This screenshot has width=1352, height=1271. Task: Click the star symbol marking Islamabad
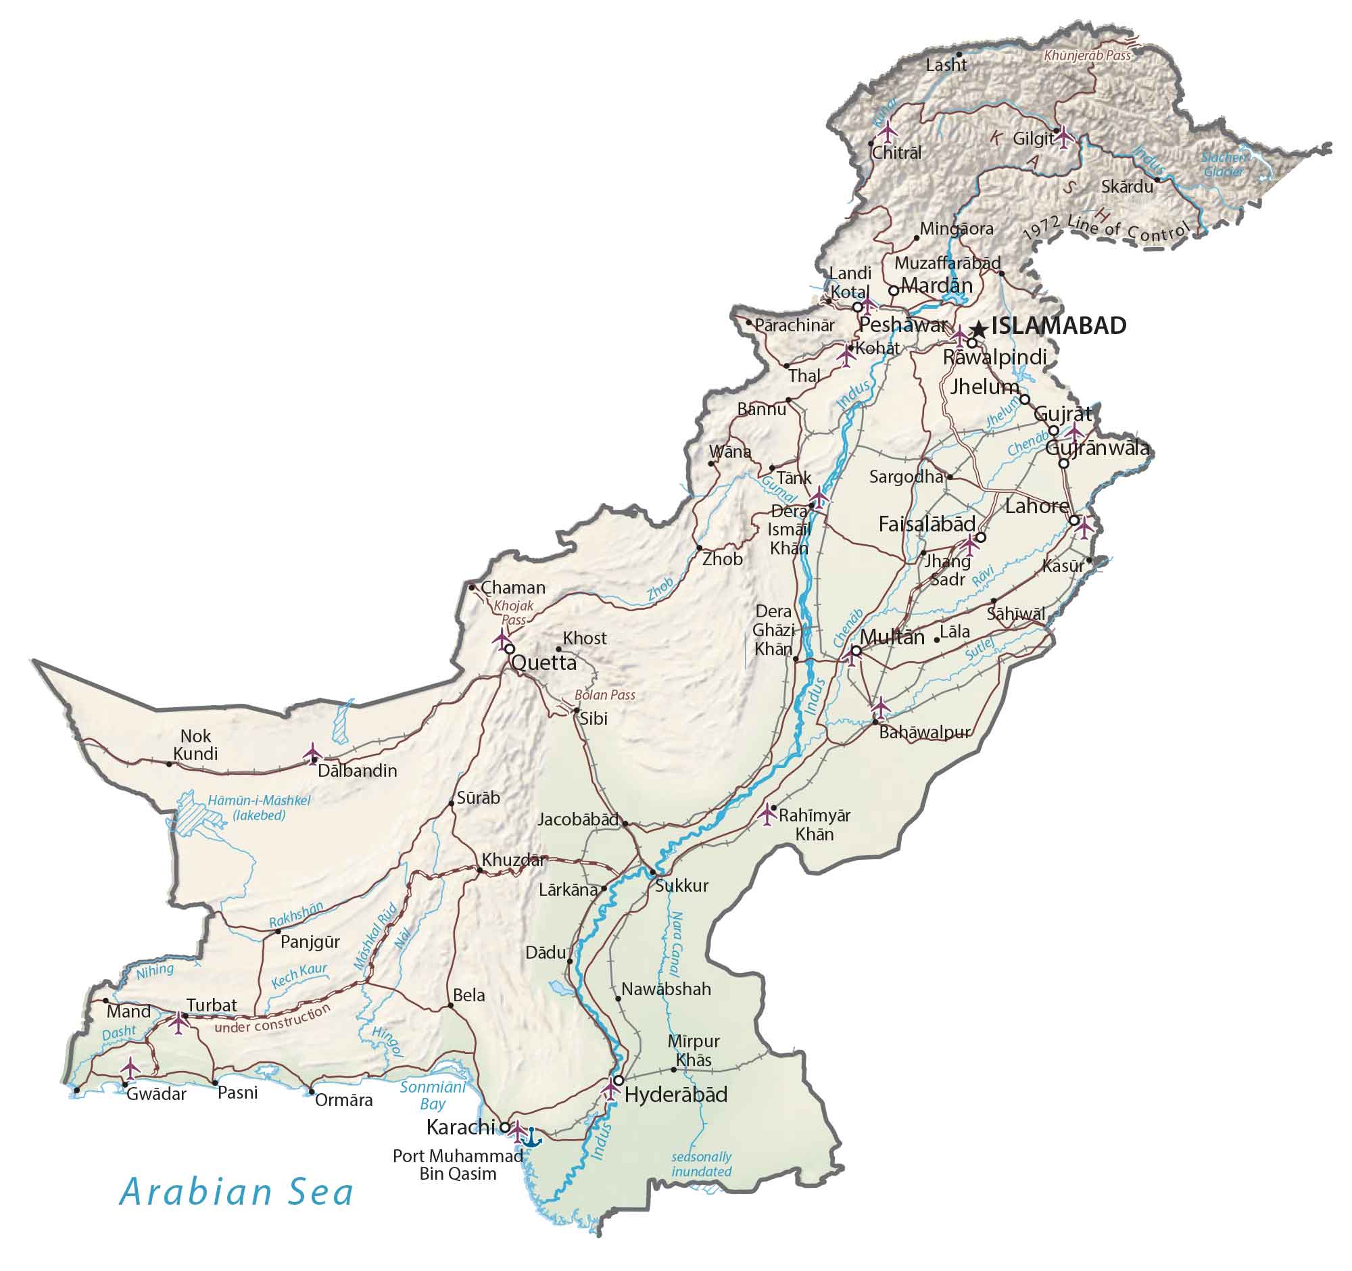coord(978,330)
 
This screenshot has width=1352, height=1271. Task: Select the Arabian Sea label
coord(237,1193)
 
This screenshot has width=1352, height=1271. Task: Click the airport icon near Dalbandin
coord(313,753)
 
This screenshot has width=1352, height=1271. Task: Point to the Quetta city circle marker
coord(509,649)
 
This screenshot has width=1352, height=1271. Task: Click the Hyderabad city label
coord(675,1094)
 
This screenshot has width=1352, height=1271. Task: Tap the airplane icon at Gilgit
coord(1063,135)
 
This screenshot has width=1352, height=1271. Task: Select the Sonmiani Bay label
coord(433,1095)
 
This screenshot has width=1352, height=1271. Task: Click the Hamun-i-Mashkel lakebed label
coord(259,807)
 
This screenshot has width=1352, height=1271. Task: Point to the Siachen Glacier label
coord(1224,164)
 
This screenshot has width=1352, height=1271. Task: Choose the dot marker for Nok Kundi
coord(170,764)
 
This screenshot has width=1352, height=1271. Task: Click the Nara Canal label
coord(677,944)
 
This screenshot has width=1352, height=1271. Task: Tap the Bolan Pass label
coord(604,695)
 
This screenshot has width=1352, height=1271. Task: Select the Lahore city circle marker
coord(1074,521)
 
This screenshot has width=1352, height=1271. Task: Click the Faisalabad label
coord(927,525)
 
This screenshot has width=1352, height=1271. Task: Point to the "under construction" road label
coord(272,1018)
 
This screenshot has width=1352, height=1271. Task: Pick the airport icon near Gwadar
coord(130,1068)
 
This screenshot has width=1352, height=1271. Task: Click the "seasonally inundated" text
coord(701,1164)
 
